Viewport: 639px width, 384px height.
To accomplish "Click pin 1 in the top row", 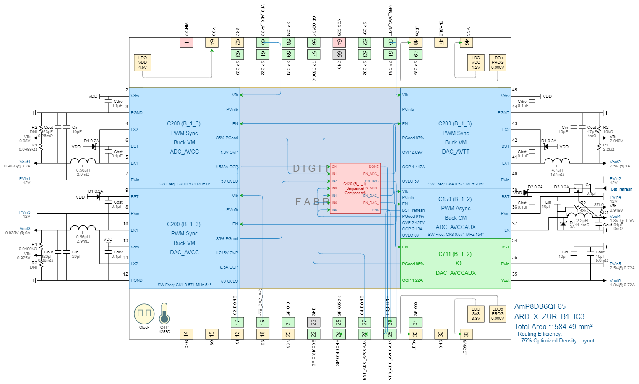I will coord(186,42).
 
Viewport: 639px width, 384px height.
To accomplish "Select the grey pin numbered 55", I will coord(339,54).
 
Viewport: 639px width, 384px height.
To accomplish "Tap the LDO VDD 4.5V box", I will coord(143,63).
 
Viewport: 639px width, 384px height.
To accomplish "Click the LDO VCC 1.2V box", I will coord(476,63).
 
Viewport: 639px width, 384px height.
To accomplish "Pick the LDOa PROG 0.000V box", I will coord(498,63).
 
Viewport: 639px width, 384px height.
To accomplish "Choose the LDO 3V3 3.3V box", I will coord(476,313).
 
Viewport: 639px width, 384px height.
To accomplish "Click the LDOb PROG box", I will coord(498,313).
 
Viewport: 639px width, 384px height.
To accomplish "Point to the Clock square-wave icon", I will coord(144,314).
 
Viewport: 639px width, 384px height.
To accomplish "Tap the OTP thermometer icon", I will coord(164,313).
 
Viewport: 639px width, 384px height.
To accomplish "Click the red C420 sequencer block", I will coord(355,188).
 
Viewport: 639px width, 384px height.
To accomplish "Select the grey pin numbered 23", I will coord(313,322).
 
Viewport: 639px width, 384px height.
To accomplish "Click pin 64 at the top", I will coord(212,42).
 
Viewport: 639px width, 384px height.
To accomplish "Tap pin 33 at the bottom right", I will coord(466,334).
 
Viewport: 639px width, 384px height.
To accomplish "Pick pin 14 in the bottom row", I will coord(186,334).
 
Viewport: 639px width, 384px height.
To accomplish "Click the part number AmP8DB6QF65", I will coord(540,307).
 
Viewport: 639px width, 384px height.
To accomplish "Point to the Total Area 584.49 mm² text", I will coord(553,327).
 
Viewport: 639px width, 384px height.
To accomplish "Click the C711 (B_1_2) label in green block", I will coord(455,254).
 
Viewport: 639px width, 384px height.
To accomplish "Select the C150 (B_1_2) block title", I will coord(455,199).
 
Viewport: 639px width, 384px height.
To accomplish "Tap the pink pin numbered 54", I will coord(339,42).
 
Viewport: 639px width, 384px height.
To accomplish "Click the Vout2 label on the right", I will coord(615,162).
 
